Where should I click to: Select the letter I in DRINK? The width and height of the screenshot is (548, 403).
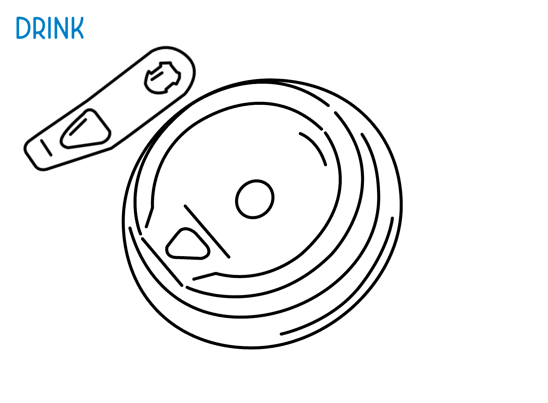[x=50, y=28]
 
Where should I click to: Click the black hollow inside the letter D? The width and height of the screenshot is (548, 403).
[x=23, y=28]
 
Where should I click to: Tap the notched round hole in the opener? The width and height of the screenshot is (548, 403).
[x=162, y=78]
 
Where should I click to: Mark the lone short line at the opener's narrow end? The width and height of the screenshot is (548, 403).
[x=46, y=148]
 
